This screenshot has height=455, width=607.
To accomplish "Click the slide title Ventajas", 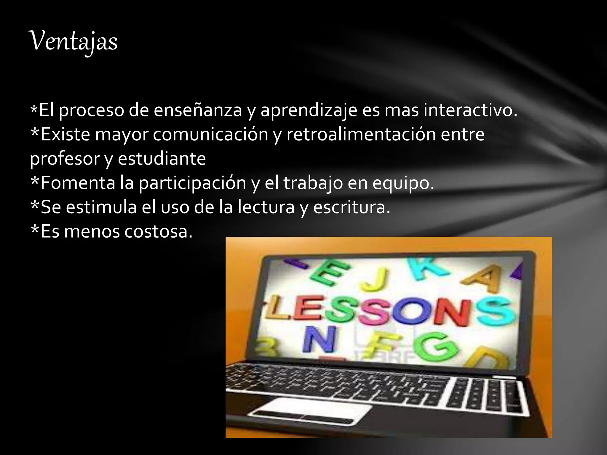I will pyautogui.click(x=74, y=41).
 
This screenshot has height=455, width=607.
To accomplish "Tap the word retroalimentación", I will pyautogui.click(x=361, y=134).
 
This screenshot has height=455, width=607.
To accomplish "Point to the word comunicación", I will pyautogui.click(x=211, y=134).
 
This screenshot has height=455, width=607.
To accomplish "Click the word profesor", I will pyautogui.click(x=65, y=159).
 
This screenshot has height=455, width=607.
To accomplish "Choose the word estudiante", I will pyautogui.click(x=162, y=158).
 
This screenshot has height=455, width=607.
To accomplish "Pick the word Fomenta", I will pyautogui.click(x=78, y=183).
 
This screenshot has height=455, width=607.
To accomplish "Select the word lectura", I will pyautogui.click(x=266, y=207).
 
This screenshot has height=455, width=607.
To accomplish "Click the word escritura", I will pyautogui.click(x=352, y=207).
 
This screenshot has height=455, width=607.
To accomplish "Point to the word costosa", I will pyautogui.click(x=158, y=231).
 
